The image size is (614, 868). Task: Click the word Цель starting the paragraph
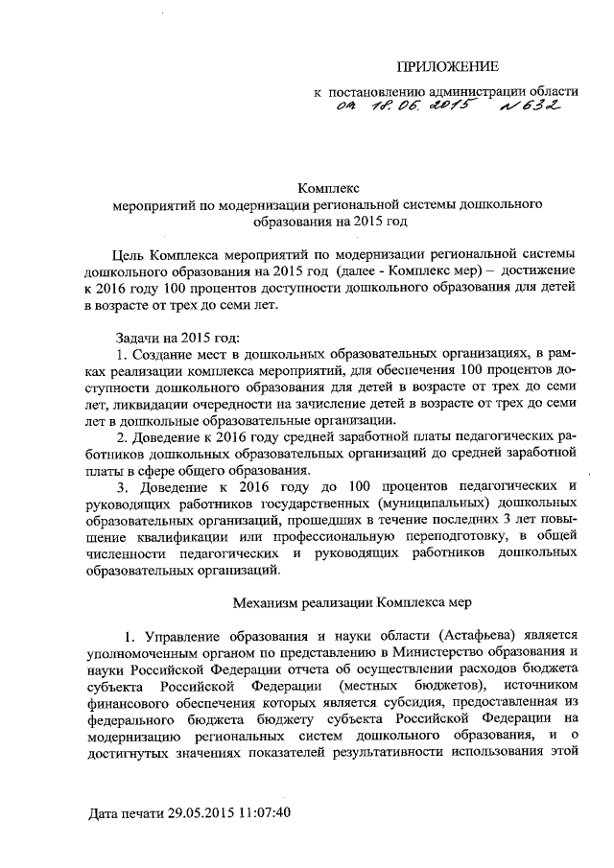tap(130, 255)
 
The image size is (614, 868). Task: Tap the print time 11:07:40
tap(260, 813)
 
